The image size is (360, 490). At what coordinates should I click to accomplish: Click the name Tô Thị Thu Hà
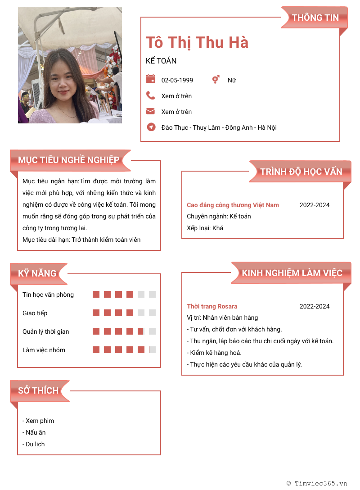tap(197, 42)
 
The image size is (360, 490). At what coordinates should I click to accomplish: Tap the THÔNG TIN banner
tap(315, 18)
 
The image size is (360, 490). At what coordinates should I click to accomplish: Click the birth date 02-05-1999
tap(177, 80)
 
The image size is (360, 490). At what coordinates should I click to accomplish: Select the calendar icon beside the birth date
tap(151, 79)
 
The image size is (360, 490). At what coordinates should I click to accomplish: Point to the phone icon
tap(151, 95)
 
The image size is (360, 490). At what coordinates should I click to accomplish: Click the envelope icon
tap(151, 111)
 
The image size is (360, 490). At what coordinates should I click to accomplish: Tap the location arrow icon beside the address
tap(151, 127)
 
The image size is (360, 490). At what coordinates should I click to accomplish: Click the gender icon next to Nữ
tap(216, 80)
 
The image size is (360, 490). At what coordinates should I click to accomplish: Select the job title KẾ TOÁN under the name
tap(161, 61)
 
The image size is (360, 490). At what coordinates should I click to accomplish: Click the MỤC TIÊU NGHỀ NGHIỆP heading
tap(69, 160)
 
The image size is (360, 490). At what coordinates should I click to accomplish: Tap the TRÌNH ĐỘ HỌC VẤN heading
tap(301, 171)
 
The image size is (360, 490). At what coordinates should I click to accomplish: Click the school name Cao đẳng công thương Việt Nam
tap(233, 205)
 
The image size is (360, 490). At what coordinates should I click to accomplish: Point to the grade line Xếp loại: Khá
tap(205, 228)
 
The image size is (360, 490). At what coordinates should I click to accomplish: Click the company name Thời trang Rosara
tap(212, 306)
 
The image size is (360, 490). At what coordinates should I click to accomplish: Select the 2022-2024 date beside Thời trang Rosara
tap(315, 306)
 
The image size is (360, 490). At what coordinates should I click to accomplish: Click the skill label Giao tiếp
tap(35, 313)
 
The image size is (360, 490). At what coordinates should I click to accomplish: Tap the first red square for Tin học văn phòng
tap(96, 295)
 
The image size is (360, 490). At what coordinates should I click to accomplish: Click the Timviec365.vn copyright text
tap(317, 483)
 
